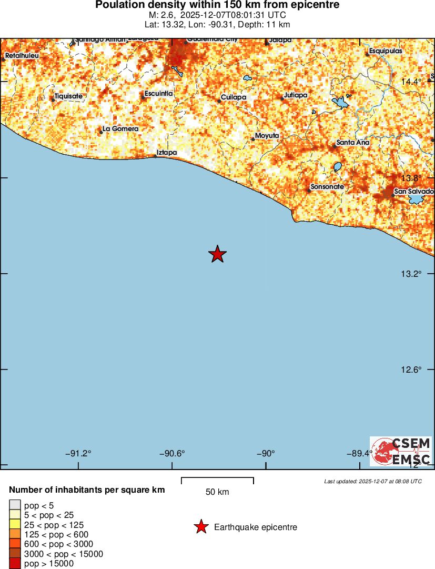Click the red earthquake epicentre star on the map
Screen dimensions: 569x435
coord(217,254)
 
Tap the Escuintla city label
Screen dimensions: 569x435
coord(158,94)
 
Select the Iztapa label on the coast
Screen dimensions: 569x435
coord(167,153)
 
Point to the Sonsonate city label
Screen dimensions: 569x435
coord(328,187)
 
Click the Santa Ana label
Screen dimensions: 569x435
coord(353,143)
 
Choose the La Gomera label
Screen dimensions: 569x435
coord(120,128)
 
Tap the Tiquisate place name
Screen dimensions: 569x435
coord(69,96)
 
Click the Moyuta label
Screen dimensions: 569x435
coord(267,136)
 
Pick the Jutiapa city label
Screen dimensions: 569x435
coord(295,95)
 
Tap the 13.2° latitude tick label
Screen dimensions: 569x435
coord(412,274)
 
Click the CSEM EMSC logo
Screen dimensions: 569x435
coord(401,451)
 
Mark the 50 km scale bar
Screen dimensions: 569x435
coord(217,480)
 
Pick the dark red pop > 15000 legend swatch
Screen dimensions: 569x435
coord(15,564)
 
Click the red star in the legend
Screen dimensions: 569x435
coord(201,527)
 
